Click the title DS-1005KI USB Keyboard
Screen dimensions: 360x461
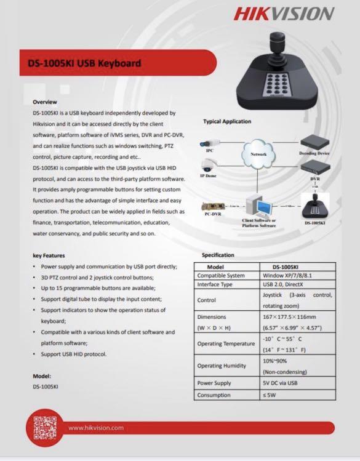[x=84, y=63]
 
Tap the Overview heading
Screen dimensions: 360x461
[x=45, y=102]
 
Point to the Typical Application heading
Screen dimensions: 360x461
[x=227, y=121]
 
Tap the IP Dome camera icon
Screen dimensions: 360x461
[x=208, y=166]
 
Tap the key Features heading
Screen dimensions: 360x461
[x=48, y=255]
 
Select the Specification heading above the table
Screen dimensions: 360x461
[x=218, y=255]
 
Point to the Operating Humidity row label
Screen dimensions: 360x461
[x=222, y=366]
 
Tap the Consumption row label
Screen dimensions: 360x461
[x=214, y=395]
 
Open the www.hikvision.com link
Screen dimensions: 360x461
[x=95, y=428]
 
